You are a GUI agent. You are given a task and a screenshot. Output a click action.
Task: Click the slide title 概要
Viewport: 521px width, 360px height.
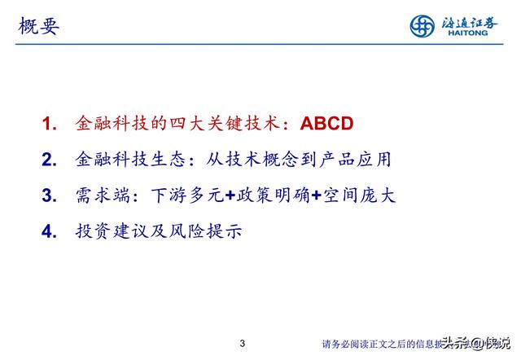pos(38,26)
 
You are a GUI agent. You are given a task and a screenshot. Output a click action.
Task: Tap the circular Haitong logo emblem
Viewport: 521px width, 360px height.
pos(422,25)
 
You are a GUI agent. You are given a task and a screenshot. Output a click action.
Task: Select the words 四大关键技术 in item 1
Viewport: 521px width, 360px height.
pos(221,124)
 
